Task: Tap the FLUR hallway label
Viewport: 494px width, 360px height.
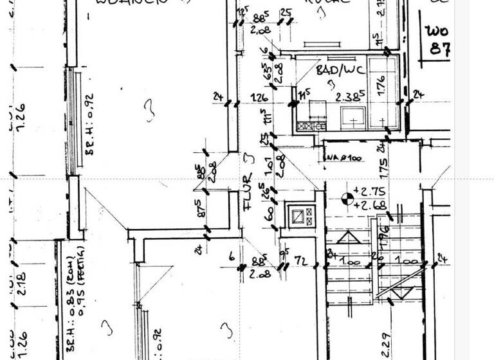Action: tap(248, 194)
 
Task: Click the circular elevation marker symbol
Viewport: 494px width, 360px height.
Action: tap(347, 199)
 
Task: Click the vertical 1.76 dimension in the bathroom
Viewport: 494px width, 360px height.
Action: tap(380, 86)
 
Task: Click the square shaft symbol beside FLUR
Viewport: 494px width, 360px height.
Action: tap(301, 216)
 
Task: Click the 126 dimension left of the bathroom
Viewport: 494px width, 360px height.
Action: tap(259, 98)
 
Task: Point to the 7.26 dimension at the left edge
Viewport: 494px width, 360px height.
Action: tap(20, 116)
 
